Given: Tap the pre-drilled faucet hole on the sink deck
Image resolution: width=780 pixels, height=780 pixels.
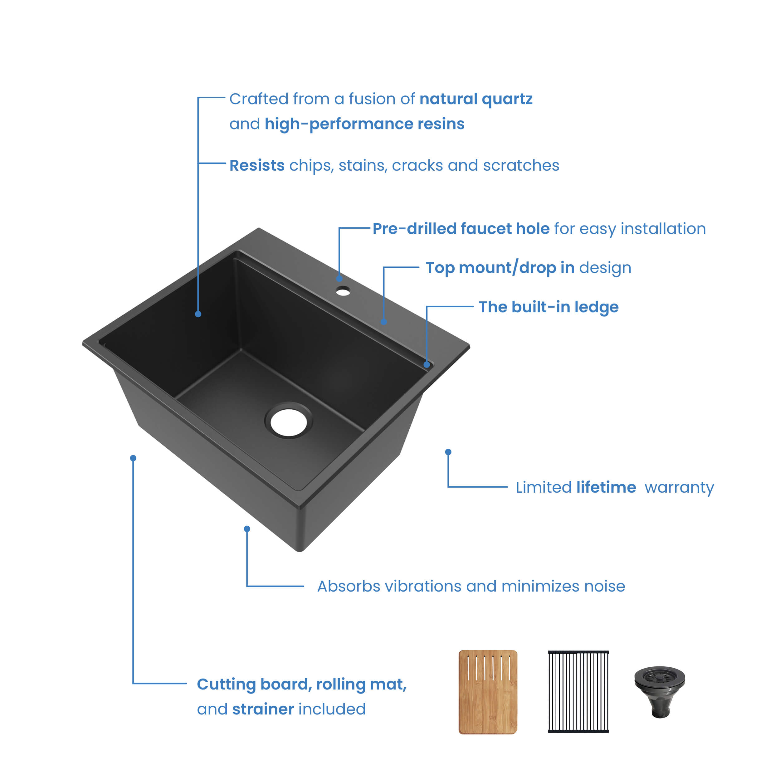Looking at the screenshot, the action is pyautogui.click(x=343, y=291).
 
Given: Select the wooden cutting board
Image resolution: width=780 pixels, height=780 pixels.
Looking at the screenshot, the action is pyautogui.click(x=488, y=692).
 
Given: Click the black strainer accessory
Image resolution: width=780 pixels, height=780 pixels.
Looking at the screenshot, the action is pyautogui.click(x=660, y=692).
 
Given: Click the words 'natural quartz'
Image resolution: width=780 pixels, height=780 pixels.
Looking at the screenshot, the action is pyautogui.click(x=476, y=99).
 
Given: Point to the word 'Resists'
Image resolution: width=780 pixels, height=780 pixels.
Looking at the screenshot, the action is pyautogui.click(x=257, y=165).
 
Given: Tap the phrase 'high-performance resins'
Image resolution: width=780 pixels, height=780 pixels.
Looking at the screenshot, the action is pyautogui.click(x=364, y=124).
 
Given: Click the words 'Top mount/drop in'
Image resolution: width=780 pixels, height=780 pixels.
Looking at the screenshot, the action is pyautogui.click(x=500, y=268).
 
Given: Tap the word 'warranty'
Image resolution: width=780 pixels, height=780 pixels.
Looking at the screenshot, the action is pyautogui.click(x=679, y=488).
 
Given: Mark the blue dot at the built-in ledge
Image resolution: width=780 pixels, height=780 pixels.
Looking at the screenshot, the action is pyautogui.click(x=427, y=364).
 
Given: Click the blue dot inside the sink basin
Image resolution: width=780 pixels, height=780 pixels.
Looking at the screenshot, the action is pyautogui.click(x=198, y=314).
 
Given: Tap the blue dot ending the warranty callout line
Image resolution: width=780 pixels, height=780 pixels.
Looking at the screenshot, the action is pyautogui.click(x=448, y=452).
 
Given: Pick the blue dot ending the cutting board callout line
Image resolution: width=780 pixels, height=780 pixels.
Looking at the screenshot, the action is pyautogui.click(x=133, y=458).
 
